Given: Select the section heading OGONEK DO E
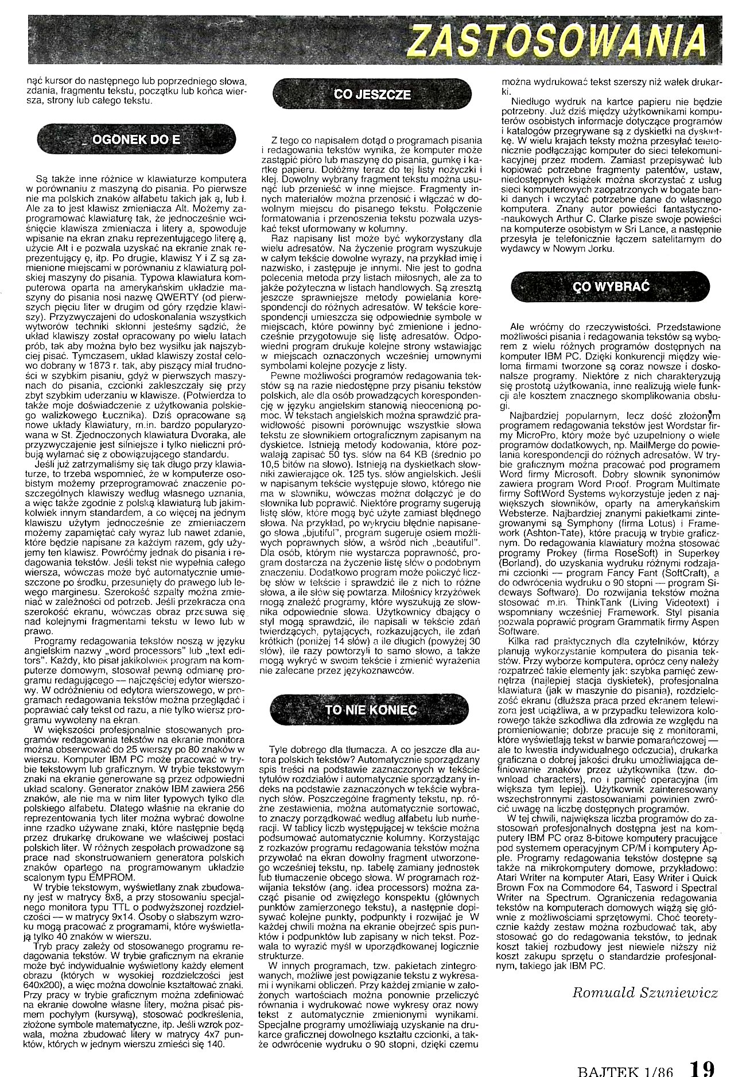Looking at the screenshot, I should [136, 140].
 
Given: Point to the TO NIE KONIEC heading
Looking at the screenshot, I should [370, 709].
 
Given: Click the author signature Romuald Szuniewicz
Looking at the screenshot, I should [644, 993].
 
